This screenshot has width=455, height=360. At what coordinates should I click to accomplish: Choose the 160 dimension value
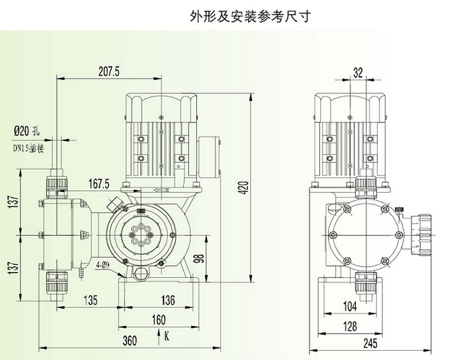pyautogui.click(x=158, y=321)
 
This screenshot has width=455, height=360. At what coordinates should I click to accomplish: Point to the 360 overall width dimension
pyautogui.click(x=130, y=341)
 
